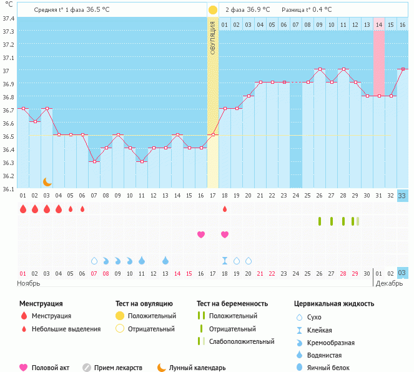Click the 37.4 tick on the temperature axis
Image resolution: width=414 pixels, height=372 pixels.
point(8,18)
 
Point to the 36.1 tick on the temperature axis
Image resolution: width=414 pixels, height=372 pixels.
point(8,189)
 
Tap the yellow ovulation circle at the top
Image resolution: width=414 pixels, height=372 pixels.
point(213,10)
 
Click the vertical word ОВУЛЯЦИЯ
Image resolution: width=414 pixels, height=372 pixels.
point(213,38)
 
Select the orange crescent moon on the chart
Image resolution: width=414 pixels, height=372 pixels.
point(47,181)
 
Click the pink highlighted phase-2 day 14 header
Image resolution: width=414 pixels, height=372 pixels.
point(379,24)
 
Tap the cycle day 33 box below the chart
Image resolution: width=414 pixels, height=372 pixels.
point(403,196)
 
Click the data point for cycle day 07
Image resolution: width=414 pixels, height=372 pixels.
point(94,162)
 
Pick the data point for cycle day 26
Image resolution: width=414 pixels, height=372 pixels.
point(320,69)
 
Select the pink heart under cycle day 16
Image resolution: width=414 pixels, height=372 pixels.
point(201,234)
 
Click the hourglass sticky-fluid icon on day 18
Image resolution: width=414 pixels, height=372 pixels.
point(225,260)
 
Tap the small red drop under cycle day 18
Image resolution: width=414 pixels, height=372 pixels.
point(225,209)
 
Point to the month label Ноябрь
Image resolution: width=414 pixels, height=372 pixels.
point(29,283)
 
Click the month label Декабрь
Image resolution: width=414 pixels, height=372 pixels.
point(390,283)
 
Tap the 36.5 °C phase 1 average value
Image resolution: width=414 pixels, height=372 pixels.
point(98,10)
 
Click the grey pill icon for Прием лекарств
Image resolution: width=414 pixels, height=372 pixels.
point(87,368)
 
